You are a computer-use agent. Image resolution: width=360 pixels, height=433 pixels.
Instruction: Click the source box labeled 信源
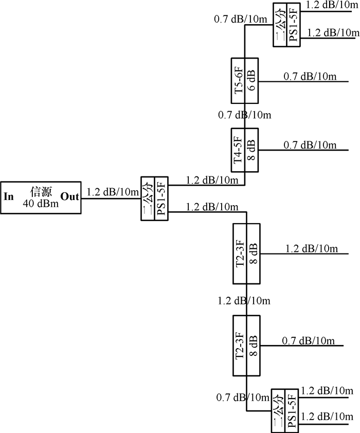pyautogui.click(x=41, y=197)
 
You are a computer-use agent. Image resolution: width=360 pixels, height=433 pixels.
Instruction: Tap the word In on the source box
pyautogui.click(x=9, y=197)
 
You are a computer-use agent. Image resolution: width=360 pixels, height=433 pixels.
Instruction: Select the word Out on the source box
pyautogui.click(x=70, y=197)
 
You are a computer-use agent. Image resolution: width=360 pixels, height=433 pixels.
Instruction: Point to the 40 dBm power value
pyautogui.click(x=41, y=204)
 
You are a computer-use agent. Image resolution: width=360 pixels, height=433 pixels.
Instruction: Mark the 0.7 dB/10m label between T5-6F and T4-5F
pyautogui.click(x=244, y=115)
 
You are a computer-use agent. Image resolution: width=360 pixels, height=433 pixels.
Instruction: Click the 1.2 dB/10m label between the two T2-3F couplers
pyautogui.click(x=244, y=300)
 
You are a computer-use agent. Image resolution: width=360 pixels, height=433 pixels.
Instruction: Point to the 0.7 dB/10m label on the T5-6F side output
pyautogui.click(x=310, y=77)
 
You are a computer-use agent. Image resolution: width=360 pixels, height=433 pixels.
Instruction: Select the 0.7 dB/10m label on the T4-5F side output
pyautogui.click(x=310, y=146)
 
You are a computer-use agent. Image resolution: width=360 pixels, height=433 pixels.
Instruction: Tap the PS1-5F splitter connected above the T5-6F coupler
pyautogui.click(x=286, y=24)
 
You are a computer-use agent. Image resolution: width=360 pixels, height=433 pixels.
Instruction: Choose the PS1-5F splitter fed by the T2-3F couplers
pyautogui.click(x=284, y=410)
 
